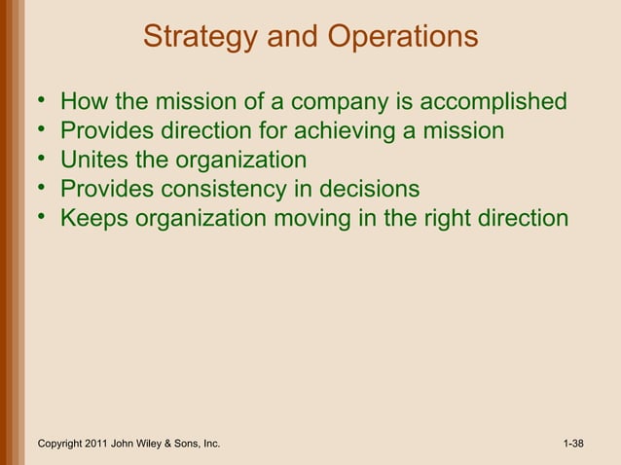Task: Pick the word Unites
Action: click(x=91, y=160)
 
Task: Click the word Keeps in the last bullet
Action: click(x=94, y=218)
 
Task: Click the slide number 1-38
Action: click(x=574, y=445)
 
